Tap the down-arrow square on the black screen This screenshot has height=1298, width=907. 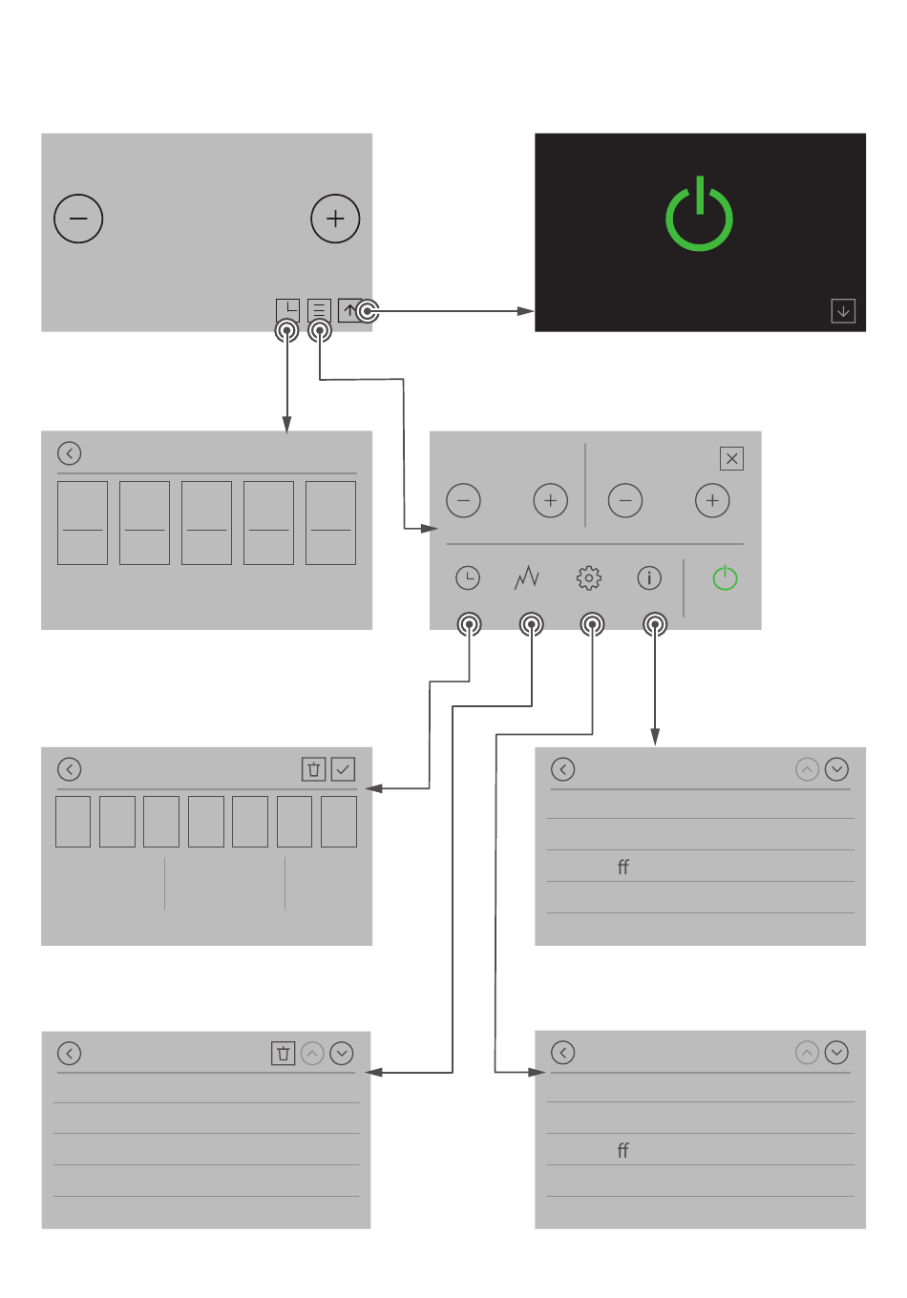pos(843,310)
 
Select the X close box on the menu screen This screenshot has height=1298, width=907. pos(731,458)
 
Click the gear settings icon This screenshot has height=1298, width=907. pos(589,577)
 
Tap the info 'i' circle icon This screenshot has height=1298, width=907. pos(649,577)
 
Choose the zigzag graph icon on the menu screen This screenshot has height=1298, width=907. pos(527,577)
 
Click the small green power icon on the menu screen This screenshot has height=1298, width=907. pos(725,577)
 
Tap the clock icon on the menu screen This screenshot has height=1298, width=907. pos(468,577)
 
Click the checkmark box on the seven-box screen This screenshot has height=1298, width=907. pos(343,769)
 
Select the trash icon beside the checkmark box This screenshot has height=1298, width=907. pos(313,769)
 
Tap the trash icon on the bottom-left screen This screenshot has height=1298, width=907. pos(283,1053)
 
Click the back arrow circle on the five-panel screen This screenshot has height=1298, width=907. pos(70,453)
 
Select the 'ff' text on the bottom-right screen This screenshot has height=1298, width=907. pos(622,1150)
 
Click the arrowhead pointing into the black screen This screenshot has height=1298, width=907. pos(525,311)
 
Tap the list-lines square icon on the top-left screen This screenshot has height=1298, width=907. pos(319,310)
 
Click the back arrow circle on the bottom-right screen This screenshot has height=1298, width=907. pos(562,1053)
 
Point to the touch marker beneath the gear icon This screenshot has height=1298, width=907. pos(592,624)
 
